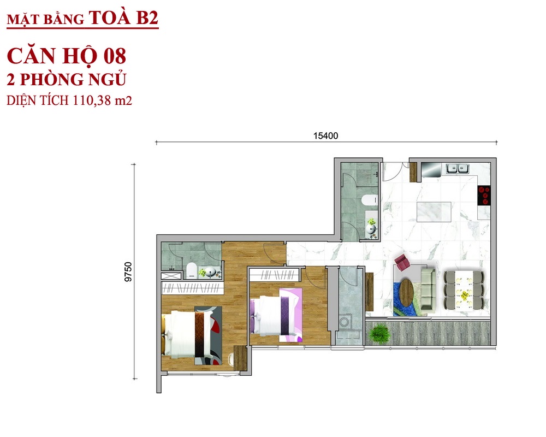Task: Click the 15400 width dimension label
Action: [325, 135]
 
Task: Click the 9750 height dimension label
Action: [128, 272]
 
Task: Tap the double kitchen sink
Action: [458, 169]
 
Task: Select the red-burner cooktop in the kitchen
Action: [484, 195]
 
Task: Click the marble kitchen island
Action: [434, 211]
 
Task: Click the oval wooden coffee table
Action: [406, 290]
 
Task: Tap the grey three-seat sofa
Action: [428, 288]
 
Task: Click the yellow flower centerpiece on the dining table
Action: [465, 296]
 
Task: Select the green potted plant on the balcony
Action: [379, 333]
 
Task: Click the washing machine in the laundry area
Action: [345, 322]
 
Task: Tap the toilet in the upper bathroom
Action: [369, 200]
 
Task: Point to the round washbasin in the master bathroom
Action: [210, 272]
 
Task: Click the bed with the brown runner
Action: [192, 334]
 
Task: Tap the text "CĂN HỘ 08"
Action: [66, 57]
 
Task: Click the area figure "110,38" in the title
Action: [92, 101]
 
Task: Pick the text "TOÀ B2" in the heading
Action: [123, 18]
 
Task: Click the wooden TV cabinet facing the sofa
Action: [369, 291]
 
